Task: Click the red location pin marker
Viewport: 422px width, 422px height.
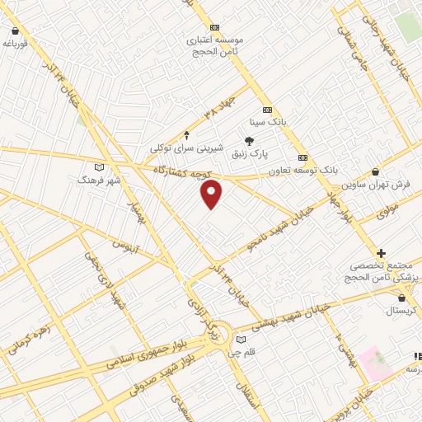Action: tap(213, 194)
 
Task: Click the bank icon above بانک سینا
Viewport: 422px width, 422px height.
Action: tap(267, 110)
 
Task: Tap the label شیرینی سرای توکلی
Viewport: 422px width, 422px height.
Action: tap(187, 147)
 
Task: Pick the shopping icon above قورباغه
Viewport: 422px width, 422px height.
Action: tap(14, 30)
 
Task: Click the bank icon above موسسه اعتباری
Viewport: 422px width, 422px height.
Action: tap(215, 27)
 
